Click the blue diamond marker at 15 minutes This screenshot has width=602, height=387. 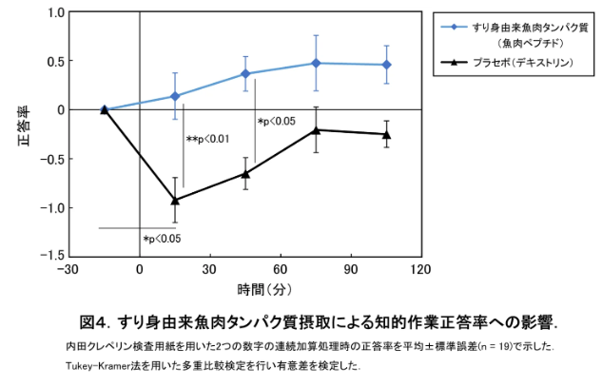coord(174,96)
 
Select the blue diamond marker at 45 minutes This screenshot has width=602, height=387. coord(245,73)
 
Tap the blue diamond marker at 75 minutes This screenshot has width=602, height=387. coord(316,63)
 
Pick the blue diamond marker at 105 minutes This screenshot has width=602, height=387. coord(386,65)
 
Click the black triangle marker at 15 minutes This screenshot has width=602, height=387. coord(174,200)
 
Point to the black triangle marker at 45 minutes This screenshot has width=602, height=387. coord(245,173)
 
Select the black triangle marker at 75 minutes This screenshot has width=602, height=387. coord(316,129)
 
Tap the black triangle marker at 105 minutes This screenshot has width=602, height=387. coord(386,134)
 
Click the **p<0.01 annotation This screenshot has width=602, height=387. coord(207,140)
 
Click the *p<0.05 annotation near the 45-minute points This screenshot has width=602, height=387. coord(277,121)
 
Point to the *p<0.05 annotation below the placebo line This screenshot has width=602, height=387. coord(162,238)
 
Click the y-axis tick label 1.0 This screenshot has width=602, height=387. coord(54,12)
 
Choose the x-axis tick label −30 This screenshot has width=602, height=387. coord(68,270)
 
